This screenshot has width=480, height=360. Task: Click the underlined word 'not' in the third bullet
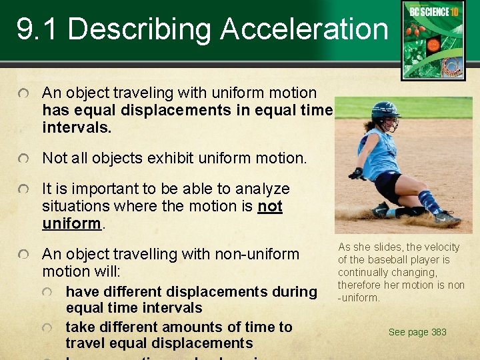[270, 207]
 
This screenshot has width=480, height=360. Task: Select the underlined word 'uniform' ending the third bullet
[71, 223]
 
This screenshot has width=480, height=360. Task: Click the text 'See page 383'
[417, 332]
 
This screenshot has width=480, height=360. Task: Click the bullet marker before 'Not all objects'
[24, 159]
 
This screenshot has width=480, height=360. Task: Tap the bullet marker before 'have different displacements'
[48, 292]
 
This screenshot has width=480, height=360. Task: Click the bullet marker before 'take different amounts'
[48, 327]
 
